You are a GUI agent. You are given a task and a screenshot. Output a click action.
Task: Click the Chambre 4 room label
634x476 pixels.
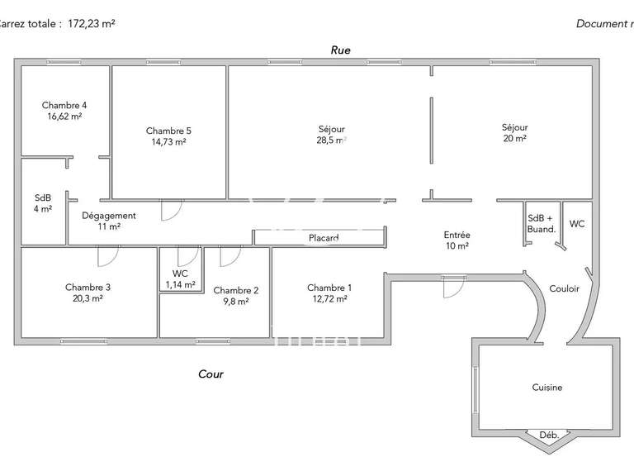tap(64, 106)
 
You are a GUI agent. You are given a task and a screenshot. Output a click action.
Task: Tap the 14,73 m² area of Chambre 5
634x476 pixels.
tap(168, 142)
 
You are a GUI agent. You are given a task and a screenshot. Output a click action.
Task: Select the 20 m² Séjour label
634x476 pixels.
tap(514, 139)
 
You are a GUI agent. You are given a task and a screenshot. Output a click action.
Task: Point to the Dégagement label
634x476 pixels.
tap(108, 216)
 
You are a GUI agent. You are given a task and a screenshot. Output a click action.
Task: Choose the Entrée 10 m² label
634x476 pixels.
tap(457, 240)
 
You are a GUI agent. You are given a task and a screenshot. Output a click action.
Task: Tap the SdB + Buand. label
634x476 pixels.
tap(542, 223)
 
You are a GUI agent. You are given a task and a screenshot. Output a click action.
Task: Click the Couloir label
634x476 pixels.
tap(565, 288)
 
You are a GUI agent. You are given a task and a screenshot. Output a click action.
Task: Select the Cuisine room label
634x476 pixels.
tap(546, 387)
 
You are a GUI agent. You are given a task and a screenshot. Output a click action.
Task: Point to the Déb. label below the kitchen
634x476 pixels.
tap(548, 436)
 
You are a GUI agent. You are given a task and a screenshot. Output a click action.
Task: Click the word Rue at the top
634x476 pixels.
tap(340, 50)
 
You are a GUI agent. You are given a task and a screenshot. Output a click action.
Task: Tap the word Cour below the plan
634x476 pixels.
tap(211, 374)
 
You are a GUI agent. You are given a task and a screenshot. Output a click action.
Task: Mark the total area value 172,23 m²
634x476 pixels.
tap(86, 24)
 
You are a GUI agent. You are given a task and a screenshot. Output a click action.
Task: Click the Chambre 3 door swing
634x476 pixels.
tap(106, 257)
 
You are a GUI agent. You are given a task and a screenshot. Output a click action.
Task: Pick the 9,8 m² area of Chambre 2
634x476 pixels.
tap(236, 302)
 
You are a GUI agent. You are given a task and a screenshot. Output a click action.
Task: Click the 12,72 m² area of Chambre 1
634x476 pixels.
tap(329, 299)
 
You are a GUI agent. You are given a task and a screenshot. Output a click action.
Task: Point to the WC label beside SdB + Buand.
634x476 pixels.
tap(577, 224)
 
